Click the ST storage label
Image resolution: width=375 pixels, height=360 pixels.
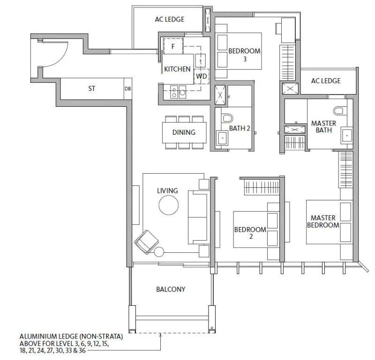[91, 88]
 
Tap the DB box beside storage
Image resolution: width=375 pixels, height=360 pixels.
[127, 88]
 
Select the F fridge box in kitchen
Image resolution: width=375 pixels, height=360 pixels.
[173, 46]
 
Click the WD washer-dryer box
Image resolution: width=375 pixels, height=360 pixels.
[202, 76]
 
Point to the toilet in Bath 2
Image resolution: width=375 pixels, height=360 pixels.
[227, 118]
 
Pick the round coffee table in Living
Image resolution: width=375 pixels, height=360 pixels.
[169, 205]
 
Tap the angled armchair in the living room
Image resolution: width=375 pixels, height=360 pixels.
[147, 242]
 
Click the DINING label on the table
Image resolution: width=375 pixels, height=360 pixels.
[184, 132]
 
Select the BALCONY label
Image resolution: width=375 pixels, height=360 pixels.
[171, 289]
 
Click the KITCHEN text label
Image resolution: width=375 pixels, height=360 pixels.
[177, 69]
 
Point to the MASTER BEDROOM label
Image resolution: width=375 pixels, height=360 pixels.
[323, 221]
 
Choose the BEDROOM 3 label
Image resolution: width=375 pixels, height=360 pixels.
[244, 55]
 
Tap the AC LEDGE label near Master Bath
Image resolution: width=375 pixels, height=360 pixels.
[326, 81]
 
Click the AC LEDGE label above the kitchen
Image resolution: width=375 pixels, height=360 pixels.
[170, 19]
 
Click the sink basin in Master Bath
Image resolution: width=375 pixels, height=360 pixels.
[347, 135]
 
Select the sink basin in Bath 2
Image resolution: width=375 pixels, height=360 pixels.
[222, 138]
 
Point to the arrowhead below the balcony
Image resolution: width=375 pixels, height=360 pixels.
[160, 335]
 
